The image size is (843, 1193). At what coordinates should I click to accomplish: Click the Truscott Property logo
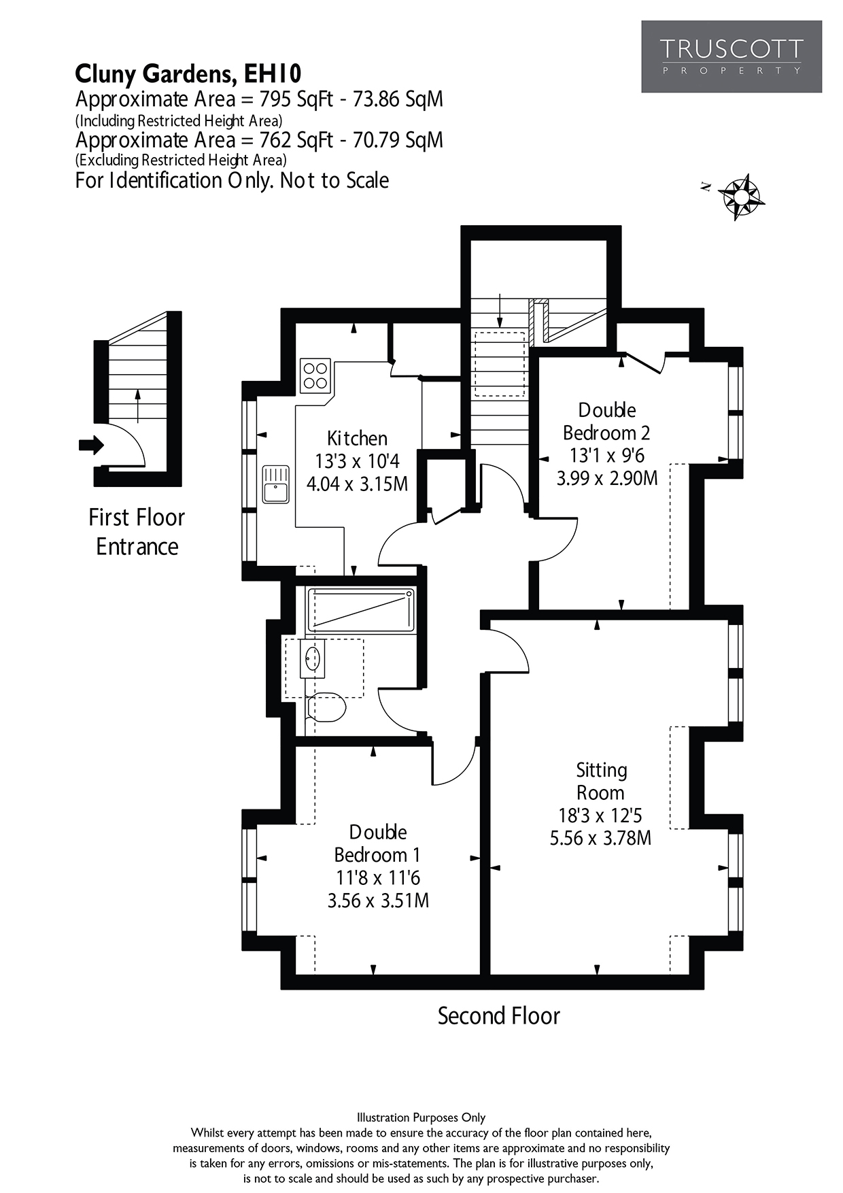click(732, 56)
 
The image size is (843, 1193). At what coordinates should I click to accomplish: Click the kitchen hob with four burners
click(315, 375)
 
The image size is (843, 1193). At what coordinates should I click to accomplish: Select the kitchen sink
click(276, 485)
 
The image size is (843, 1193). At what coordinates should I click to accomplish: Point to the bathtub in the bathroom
click(361, 610)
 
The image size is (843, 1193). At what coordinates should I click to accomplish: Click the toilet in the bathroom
click(328, 708)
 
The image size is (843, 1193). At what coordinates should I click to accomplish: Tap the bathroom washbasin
click(313, 659)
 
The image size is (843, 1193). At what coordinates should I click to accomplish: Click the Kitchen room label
click(357, 438)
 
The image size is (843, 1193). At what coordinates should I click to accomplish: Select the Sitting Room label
click(601, 782)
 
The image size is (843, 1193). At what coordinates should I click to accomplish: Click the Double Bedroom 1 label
click(378, 843)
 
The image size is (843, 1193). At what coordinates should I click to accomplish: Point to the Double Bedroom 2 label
click(606, 421)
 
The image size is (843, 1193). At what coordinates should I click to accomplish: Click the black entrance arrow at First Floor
click(91, 446)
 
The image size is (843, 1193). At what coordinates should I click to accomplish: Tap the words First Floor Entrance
click(137, 532)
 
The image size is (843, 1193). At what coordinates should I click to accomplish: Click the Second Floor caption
click(498, 1016)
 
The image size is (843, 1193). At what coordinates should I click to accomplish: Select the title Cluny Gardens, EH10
click(188, 73)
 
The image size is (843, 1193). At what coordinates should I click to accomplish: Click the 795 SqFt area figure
click(296, 99)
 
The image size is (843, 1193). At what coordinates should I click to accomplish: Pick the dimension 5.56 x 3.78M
click(600, 838)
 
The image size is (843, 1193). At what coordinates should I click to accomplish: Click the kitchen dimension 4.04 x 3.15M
click(357, 484)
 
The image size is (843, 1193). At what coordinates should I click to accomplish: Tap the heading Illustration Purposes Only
click(421, 1118)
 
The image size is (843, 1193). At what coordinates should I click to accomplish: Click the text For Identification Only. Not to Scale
click(232, 180)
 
